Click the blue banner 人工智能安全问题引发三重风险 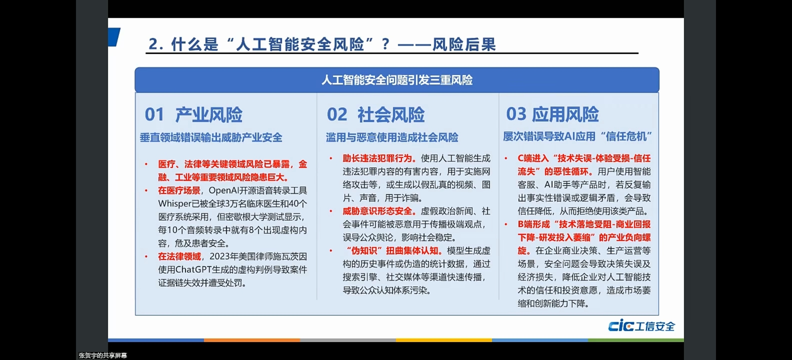click(397, 80)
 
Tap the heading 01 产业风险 click(193, 115)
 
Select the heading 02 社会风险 click(376, 115)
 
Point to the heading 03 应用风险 click(552, 114)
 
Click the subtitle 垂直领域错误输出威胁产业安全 click(211, 137)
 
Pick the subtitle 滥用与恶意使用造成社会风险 click(392, 137)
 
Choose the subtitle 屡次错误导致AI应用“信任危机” click(577, 136)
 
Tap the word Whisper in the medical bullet click(175, 204)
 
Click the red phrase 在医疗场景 click(179, 190)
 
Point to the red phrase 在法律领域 click(179, 256)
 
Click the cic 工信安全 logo click(641, 326)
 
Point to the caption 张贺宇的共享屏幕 click(103, 355)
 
